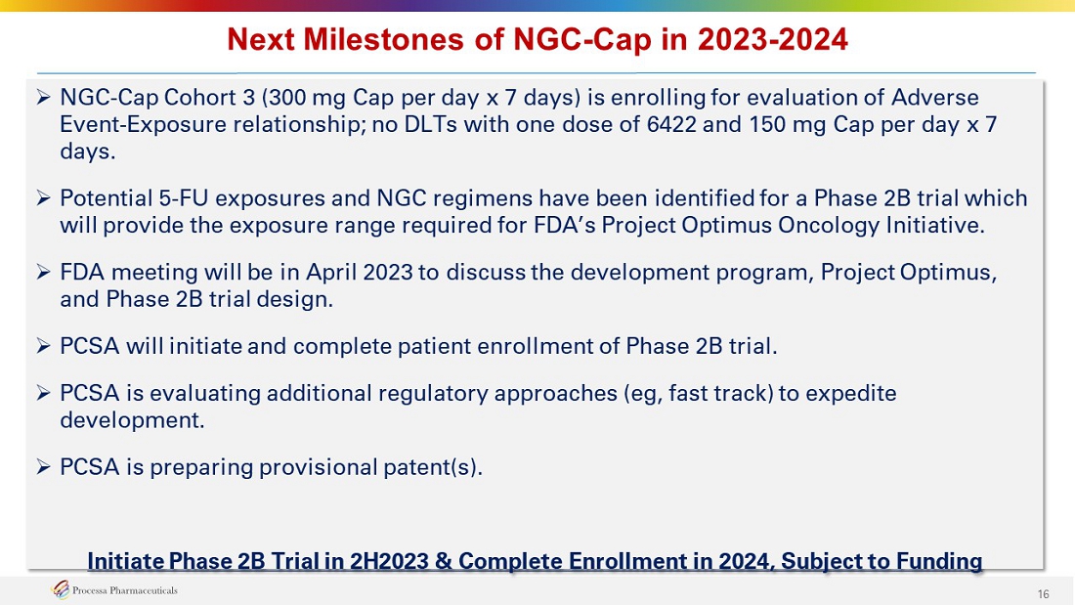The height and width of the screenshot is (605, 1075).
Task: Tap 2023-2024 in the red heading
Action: pos(773,40)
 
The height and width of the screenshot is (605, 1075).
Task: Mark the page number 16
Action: pos(1043,594)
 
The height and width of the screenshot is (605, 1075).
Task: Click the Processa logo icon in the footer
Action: pos(61,589)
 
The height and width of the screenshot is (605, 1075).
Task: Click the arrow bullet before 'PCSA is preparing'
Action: pos(43,467)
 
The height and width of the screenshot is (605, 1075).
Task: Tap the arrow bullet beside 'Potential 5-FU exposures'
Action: pos(43,198)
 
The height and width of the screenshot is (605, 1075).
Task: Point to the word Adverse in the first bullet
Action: pos(934,98)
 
